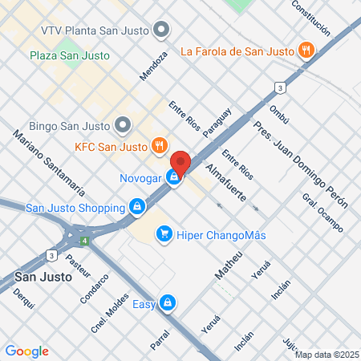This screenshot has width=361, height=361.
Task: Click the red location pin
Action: [180, 163]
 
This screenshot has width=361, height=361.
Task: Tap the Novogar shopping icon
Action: [173, 177]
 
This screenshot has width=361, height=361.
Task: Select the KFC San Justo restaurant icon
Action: [160, 146]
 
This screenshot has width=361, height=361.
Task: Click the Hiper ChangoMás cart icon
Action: [164, 233]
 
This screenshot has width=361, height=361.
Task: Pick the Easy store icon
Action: [167, 303]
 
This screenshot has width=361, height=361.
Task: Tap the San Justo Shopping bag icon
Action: [137, 207]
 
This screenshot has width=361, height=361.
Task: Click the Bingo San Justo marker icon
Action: [122, 124]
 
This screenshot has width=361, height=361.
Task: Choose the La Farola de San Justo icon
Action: [306, 51]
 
